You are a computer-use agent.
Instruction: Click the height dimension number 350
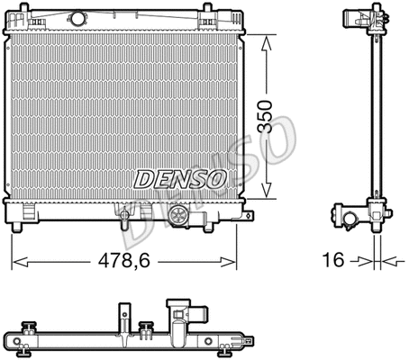coord(265,116)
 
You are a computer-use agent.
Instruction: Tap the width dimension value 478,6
coord(124,260)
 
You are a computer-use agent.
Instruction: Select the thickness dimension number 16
coord(333,260)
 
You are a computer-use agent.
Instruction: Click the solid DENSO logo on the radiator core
coord(180,179)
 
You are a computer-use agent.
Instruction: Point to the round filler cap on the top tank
coord(77,18)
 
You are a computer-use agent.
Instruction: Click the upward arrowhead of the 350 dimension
coord(266,43)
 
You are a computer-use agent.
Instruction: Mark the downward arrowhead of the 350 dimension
coord(266,190)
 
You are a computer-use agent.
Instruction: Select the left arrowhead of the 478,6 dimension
coord(21,262)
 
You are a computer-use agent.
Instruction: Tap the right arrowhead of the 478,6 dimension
coord(228,262)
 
